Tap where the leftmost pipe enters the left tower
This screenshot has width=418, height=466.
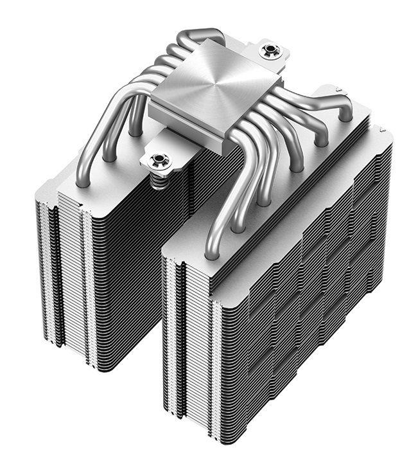82,182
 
